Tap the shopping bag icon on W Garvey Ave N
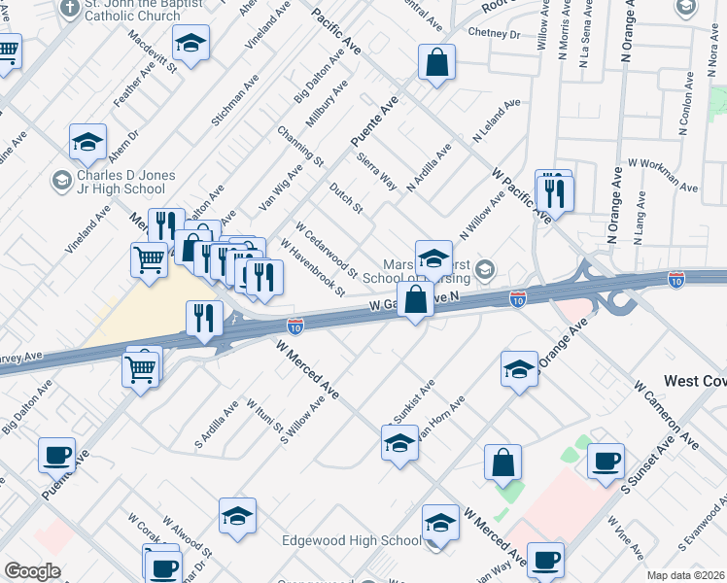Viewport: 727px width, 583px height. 415,300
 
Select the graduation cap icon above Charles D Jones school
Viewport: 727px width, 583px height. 87,142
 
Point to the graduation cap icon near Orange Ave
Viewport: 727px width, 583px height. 520,369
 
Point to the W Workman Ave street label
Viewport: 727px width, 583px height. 664,176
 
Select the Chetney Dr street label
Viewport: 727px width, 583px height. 495,33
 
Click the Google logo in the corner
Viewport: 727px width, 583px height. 32,571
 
